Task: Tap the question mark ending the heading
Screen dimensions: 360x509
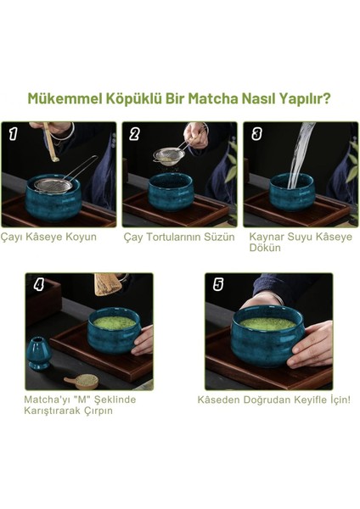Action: (x=327, y=98)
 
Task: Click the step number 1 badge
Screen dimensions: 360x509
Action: (x=13, y=133)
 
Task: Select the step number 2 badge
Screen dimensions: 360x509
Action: (x=134, y=133)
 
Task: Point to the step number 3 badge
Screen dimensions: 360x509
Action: (x=256, y=133)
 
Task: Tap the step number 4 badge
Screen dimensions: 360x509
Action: (x=39, y=285)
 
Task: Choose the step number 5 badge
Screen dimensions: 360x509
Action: (x=218, y=285)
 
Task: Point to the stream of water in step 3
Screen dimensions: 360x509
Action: (x=299, y=156)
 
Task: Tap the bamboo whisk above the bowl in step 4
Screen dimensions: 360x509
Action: (x=108, y=284)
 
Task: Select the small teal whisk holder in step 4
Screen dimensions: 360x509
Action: (x=39, y=354)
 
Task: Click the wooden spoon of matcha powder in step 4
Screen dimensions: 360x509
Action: (x=82, y=381)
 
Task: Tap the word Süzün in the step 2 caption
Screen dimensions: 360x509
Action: (x=219, y=237)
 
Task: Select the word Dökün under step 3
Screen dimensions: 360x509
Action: (x=265, y=248)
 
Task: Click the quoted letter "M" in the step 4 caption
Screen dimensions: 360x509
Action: (x=82, y=400)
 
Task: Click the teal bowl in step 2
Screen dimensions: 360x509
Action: (x=171, y=192)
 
